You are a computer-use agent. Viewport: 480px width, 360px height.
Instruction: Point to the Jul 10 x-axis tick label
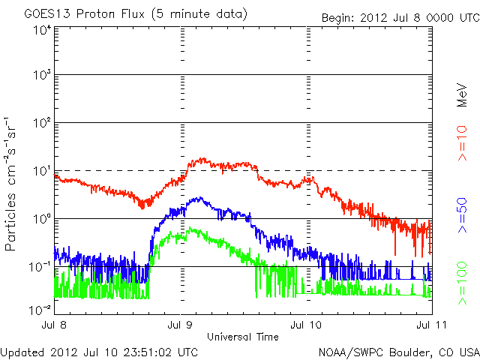coord(307,325)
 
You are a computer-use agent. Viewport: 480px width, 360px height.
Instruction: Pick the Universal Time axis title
coord(244,337)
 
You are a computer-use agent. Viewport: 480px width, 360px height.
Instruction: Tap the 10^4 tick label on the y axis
coord(41,29)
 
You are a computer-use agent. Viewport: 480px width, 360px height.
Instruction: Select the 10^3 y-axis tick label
coord(41,75)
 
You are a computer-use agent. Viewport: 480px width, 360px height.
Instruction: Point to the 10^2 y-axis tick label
coord(41,123)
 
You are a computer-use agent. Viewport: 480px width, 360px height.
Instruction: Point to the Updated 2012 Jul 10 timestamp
coord(99,350)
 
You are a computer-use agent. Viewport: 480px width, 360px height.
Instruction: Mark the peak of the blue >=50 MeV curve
coord(196,198)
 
